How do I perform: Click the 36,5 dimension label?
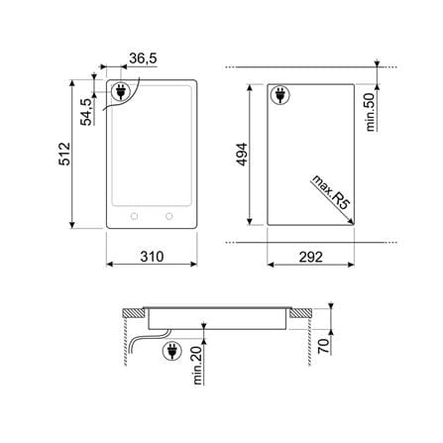pyautogui.click(x=143, y=58)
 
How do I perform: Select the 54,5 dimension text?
pyautogui.click(x=86, y=112)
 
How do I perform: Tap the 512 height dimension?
pyautogui.click(x=64, y=154)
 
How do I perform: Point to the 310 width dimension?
pyautogui.click(x=152, y=257)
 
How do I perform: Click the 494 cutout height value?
pyautogui.click(x=242, y=155)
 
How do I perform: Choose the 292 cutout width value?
pyautogui.click(x=311, y=257)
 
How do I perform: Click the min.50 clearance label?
pyautogui.click(x=371, y=112)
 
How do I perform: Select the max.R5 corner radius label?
pyautogui.click(x=331, y=192)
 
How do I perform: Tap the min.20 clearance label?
pyautogui.click(x=197, y=366)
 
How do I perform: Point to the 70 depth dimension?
pyautogui.click(x=324, y=346)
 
